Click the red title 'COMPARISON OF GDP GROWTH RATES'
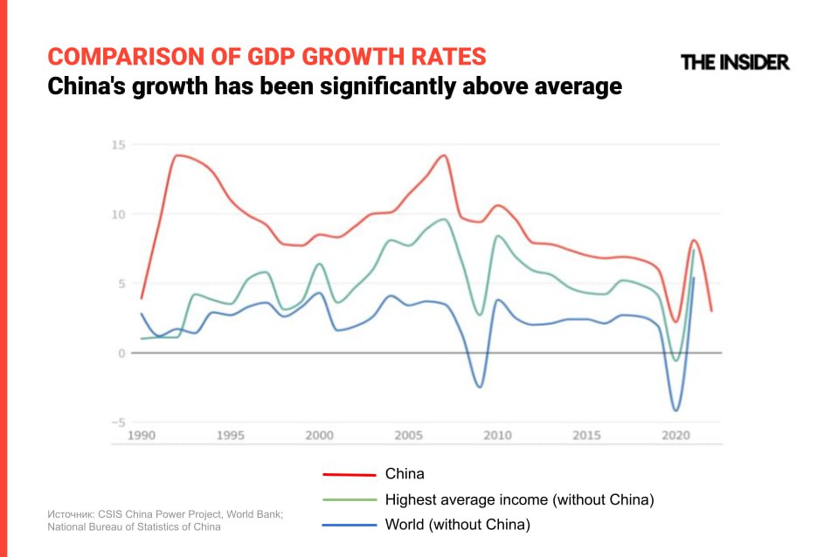coord(267,57)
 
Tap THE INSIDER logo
coord(735,62)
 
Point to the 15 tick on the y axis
coord(118,145)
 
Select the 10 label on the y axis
coord(118,215)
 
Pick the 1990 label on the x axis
coord(142,435)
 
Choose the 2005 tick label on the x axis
coord(409,435)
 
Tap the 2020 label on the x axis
coord(675,435)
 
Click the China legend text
coord(405,474)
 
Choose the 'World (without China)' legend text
coord(458,526)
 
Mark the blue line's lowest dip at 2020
coord(675,410)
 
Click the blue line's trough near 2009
coord(480,387)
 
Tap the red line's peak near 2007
coord(444,155)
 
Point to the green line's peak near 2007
coord(444,219)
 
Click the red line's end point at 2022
coord(711,311)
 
